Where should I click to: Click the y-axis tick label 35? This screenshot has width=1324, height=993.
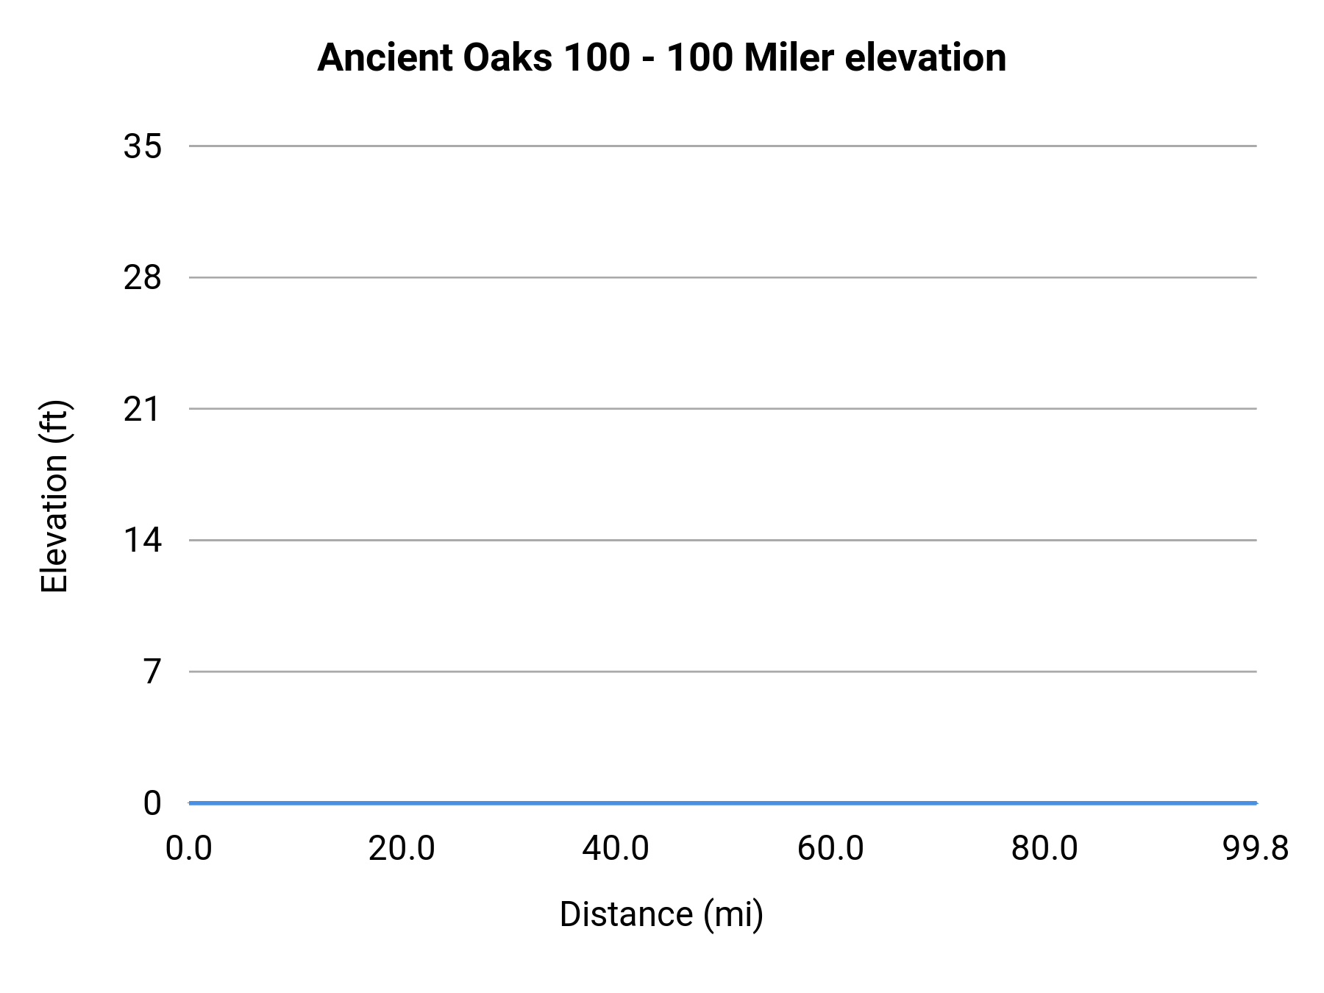click(x=142, y=146)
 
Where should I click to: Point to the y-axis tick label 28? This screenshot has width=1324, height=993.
click(x=142, y=278)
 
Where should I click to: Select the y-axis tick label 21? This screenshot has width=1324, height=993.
click(x=142, y=409)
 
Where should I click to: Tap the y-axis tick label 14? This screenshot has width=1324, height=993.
click(x=142, y=541)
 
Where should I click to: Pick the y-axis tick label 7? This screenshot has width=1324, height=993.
click(x=152, y=672)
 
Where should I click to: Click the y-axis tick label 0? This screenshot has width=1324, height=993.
click(x=152, y=803)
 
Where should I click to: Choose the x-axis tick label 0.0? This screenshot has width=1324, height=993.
click(x=189, y=848)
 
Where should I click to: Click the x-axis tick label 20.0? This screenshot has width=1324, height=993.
click(x=402, y=848)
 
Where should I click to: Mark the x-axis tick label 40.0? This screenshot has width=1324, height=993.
click(x=616, y=848)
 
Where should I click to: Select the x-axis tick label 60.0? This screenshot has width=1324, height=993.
click(x=830, y=848)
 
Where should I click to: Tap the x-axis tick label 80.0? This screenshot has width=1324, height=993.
click(x=1044, y=848)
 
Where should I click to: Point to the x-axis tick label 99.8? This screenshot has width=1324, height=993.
click(x=1256, y=848)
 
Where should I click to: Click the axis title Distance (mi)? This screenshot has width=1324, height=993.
click(x=661, y=914)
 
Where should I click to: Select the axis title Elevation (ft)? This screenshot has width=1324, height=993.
click(x=54, y=496)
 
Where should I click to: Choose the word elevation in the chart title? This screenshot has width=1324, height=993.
click(x=925, y=57)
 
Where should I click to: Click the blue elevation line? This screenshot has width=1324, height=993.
click(x=721, y=802)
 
